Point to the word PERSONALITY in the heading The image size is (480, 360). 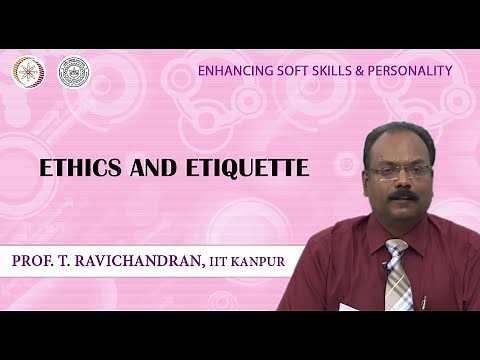(404, 71)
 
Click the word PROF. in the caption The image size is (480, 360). (37, 262)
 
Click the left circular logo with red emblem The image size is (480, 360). (28, 72)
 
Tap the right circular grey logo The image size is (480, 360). (73, 72)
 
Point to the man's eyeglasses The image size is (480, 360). (399, 171)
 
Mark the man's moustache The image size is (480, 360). (401, 195)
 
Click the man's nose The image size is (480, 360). (401, 182)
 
